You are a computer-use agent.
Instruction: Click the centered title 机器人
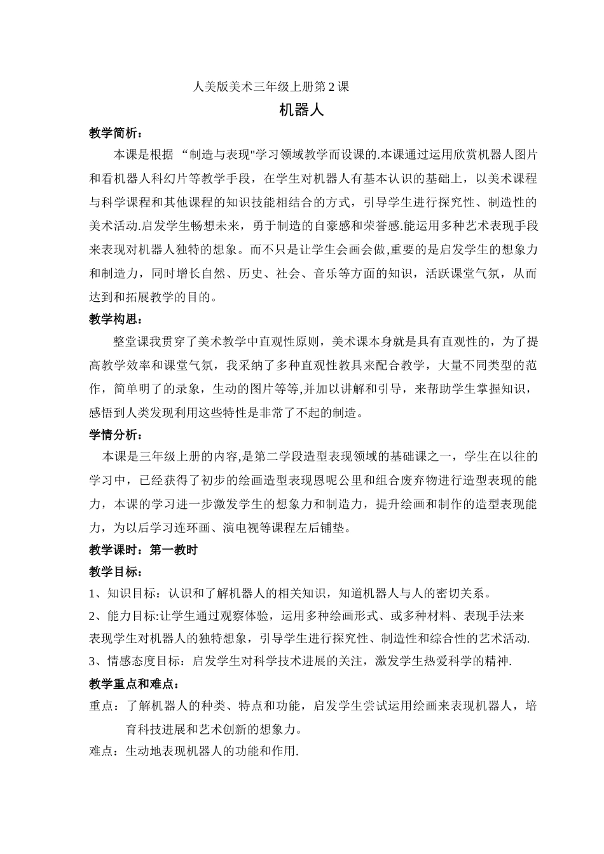pyautogui.click(x=302, y=110)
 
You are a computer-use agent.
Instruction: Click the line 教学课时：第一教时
pyautogui.click(x=143, y=550)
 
